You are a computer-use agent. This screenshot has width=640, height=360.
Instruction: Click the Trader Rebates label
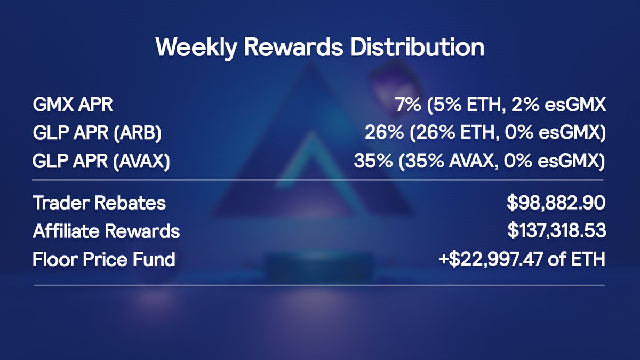pos(99,203)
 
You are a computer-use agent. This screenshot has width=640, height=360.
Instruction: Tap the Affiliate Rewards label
pos(106,231)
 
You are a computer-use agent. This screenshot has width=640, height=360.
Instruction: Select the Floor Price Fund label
pos(104,260)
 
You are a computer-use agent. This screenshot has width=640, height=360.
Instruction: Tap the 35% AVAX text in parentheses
pos(460,161)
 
